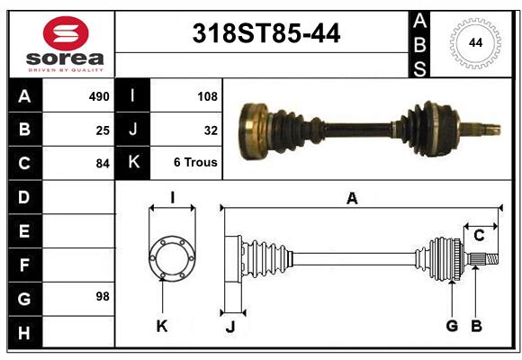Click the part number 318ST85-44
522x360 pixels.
pyautogui.click(x=266, y=34)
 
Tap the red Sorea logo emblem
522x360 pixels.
pyautogui.click(x=66, y=35)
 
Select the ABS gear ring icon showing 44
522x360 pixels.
pyautogui.click(x=474, y=43)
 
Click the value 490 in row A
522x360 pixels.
pyautogui.click(x=99, y=96)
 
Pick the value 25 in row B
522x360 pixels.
pyautogui.click(x=103, y=130)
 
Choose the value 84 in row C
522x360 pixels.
pyautogui.click(x=103, y=164)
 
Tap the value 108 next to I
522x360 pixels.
pyautogui.click(x=207, y=96)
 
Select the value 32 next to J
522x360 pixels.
pyautogui.click(x=211, y=130)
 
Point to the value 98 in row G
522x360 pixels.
pyautogui.click(x=103, y=296)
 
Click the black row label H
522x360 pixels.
pyautogui.click(x=24, y=334)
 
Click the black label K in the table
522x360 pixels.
pyautogui.click(x=133, y=164)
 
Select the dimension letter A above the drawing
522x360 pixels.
pyautogui.click(x=352, y=199)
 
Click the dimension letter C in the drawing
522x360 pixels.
pyautogui.click(x=479, y=236)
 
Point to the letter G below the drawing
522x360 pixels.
pyautogui.click(x=452, y=325)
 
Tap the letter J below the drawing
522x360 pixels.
pyautogui.click(x=229, y=327)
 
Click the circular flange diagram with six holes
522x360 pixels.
pyautogui.click(x=172, y=258)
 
